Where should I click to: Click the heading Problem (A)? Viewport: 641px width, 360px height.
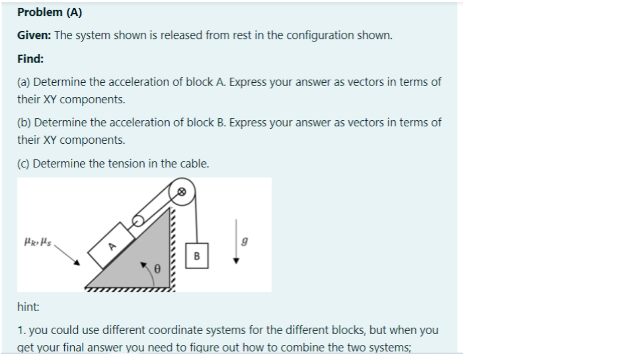pyautogui.click(x=49, y=13)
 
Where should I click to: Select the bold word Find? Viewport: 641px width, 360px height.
pyautogui.click(x=31, y=59)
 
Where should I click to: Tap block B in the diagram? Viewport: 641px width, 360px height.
pyautogui.click(x=196, y=256)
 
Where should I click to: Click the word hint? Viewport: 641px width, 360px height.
pyautogui.click(x=29, y=307)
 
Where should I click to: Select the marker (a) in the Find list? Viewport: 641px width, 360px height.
pyautogui.click(x=24, y=82)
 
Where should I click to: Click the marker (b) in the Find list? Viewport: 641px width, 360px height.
pyautogui.click(x=24, y=122)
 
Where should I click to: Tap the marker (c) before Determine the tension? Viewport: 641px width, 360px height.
pyautogui.click(x=23, y=164)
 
